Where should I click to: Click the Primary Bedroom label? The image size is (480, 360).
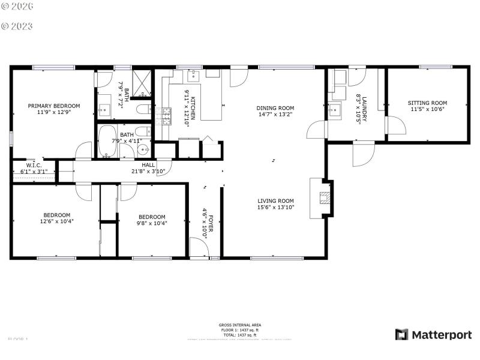pos(54,106)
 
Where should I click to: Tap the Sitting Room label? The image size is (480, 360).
pos(428,103)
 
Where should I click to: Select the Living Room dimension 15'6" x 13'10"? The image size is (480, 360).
pos(275,208)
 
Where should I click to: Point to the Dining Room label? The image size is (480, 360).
pos(275,108)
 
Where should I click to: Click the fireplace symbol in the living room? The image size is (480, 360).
pos(324,198)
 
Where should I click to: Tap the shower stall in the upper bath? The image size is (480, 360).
pos(142,83)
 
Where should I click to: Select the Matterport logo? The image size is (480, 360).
pos(433,334)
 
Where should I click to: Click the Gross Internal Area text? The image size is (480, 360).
pos(239,325)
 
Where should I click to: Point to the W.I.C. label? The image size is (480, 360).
pos(34,165)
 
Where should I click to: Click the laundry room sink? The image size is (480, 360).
pos(335,110)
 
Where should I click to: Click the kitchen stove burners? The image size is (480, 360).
pos(164,116)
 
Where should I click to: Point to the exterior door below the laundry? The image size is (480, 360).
pos(362,154)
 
